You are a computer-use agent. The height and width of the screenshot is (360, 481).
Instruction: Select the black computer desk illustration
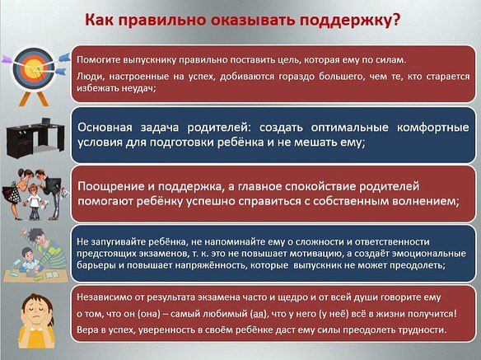(35, 138)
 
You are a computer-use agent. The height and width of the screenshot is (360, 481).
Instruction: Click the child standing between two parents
(34, 202)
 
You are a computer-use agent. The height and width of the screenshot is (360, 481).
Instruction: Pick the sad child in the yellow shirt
(36, 320)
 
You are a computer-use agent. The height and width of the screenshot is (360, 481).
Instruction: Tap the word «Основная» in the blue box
(105, 127)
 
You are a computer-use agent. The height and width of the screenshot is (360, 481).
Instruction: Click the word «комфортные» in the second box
(433, 128)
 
